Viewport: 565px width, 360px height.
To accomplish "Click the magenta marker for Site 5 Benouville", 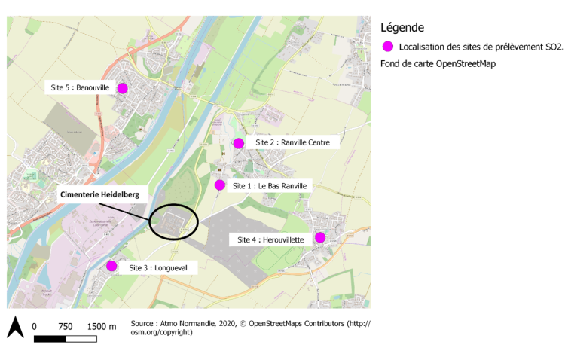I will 122,88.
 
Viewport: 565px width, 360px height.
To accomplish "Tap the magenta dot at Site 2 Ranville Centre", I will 238,143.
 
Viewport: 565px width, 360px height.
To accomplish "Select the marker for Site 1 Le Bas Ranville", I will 220,185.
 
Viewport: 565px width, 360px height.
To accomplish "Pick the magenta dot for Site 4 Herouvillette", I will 319,237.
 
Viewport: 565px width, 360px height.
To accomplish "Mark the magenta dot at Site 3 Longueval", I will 111,265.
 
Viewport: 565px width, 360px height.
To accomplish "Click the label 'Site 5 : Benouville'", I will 80,88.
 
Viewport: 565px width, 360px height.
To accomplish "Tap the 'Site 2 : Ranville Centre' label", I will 292,142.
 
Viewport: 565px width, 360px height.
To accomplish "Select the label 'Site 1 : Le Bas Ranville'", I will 272,185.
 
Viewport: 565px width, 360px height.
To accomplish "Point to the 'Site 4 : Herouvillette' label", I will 270,239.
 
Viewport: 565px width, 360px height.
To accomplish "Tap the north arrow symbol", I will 15,327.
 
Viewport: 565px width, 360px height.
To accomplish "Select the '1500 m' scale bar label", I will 101,326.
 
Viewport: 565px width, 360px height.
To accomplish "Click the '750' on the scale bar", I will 65,326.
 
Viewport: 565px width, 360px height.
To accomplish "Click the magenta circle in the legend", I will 388,47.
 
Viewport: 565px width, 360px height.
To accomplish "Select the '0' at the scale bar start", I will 34,326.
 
